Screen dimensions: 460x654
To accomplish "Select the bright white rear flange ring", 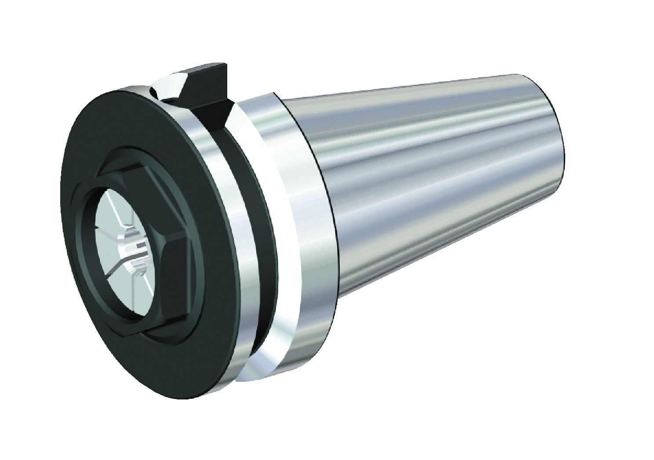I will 272,219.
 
